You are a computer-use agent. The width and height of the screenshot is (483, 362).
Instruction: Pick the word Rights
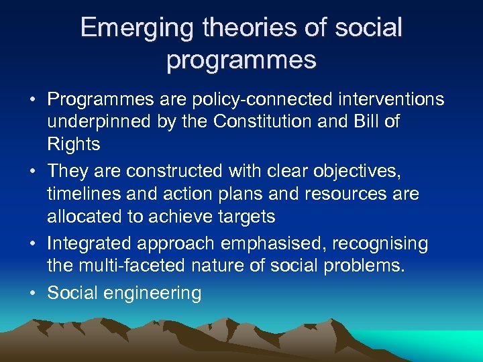click(x=74, y=144)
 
